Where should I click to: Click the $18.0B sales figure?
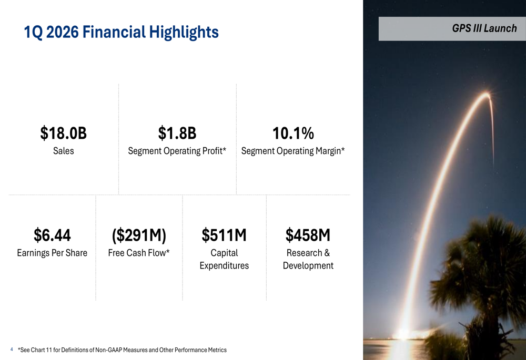[x=63, y=134]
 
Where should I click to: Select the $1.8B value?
[x=177, y=134]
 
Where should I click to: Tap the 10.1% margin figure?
[x=293, y=134]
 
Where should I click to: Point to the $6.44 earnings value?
[x=52, y=235]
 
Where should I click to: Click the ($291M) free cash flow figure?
[x=139, y=235]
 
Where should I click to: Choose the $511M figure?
[x=224, y=235]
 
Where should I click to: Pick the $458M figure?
[x=308, y=235]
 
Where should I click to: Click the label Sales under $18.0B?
[x=63, y=151]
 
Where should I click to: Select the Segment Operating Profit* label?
[x=177, y=151]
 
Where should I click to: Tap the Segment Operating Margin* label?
[x=293, y=151]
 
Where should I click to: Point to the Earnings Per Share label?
[x=52, y=253]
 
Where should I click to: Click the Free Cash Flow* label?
[x=139, y=253]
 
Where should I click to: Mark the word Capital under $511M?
[x=224, y=253]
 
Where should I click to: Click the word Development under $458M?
[x=308, y=265]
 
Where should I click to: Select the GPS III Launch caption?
[x=484, y=28]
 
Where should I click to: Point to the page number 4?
[x=12, y=349]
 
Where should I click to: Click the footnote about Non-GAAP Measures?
[x=122, y=350]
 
